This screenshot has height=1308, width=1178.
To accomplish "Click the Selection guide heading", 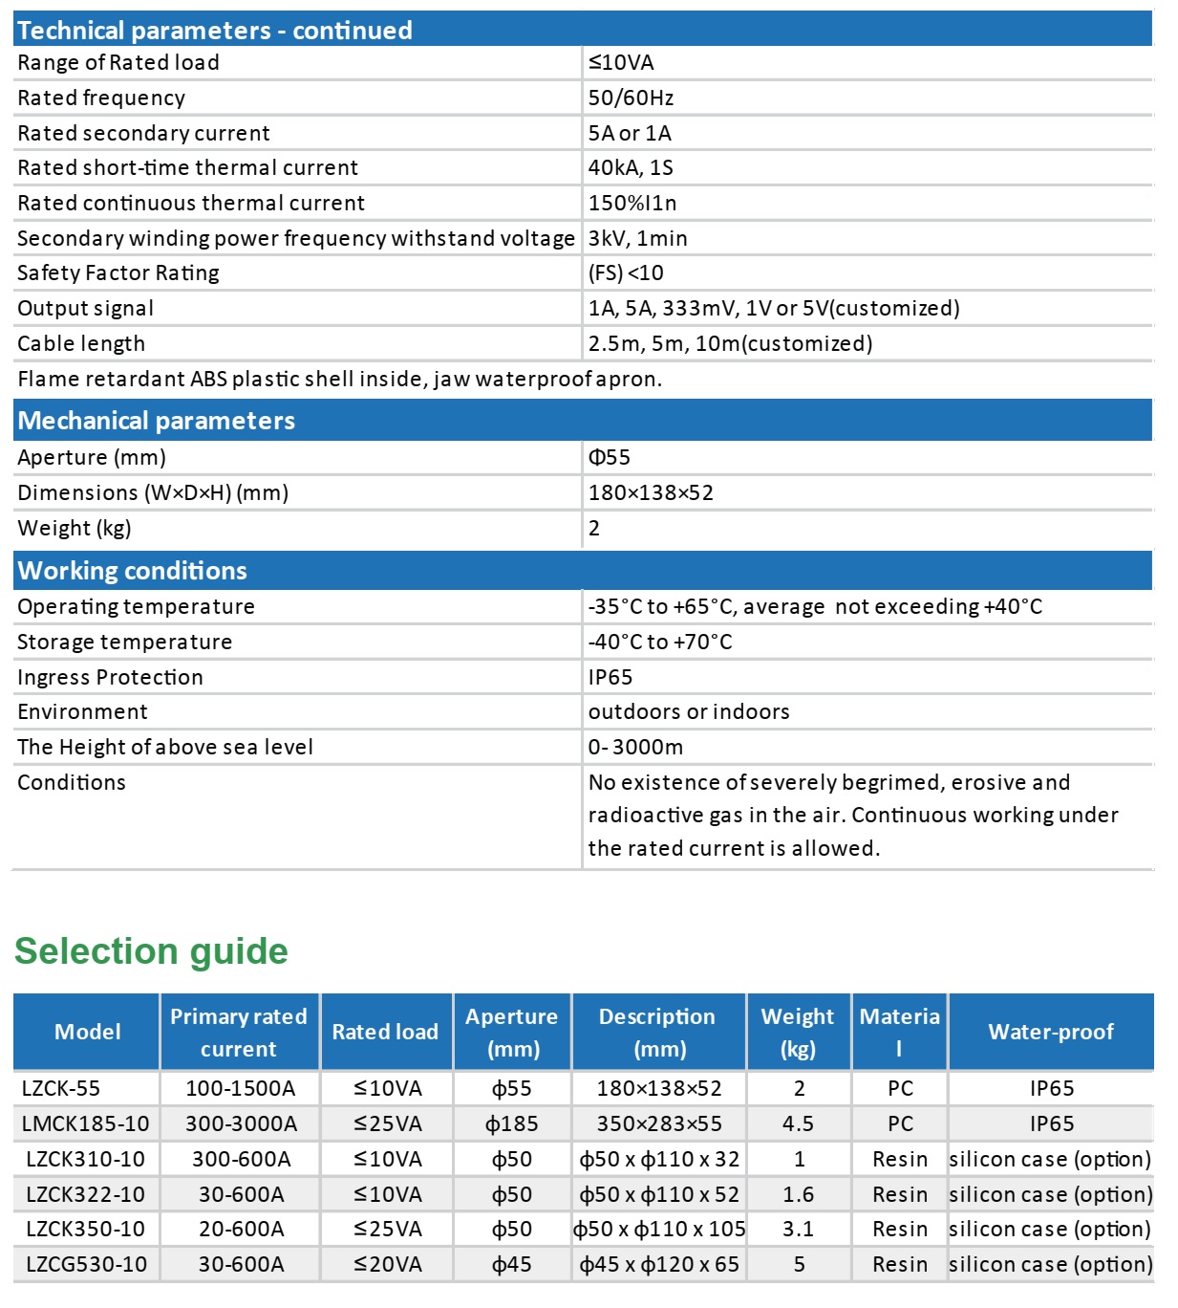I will [x=151, y=951].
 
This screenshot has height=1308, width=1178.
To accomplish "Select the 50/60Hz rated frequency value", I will [x=631, y=98].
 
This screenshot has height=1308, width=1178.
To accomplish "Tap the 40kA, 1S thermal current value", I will [x=631, y=167].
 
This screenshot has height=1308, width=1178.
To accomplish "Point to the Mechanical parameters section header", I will [x=157, y=421].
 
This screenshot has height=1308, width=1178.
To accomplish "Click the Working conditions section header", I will [x=133, y=571].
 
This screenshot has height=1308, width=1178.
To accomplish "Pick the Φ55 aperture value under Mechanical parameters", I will [x=610, y=457].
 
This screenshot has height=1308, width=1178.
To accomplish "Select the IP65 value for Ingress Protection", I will [x=610, y=677].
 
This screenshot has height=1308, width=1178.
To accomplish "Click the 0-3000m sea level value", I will [x=635, y=747].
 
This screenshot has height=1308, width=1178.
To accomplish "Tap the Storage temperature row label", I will [x=124, y=642].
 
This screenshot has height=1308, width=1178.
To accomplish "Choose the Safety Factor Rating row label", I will [x=118, y=272].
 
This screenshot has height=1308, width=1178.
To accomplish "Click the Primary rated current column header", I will [x=239, y=1032].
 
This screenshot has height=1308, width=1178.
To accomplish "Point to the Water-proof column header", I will [x=1051, y=1032].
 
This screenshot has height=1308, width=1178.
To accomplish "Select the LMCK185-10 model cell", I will [x=86, y=1123].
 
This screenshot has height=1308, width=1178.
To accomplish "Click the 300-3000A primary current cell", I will [x=241, y=1123].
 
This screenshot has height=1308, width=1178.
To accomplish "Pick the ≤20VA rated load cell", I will [x=387, y=1264].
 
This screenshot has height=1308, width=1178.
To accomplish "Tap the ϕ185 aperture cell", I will [x=512, y=1123].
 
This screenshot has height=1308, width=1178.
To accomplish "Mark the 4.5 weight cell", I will [x=799, y=1123].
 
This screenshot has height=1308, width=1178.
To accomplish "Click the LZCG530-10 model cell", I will [x=87, y=1264].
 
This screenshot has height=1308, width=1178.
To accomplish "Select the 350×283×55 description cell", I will [x=659, y=1123].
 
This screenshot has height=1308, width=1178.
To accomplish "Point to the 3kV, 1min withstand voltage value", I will [x=637, y=238].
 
